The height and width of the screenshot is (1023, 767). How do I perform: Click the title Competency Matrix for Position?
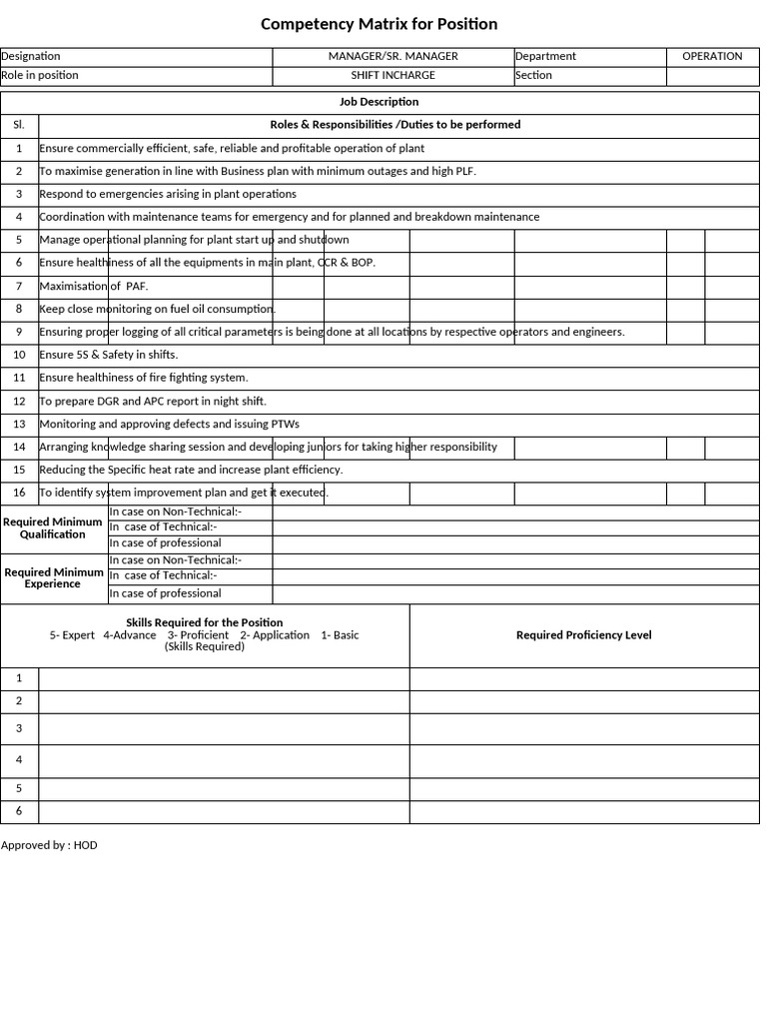click(x=379, y=24)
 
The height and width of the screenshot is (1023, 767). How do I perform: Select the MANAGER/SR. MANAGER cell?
click(x=392, y=57)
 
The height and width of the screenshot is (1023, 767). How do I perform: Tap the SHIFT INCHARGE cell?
click(x=392, y=76)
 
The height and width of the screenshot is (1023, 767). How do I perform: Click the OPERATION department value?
click(x=712, y=57)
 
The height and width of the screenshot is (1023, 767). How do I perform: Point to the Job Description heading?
click(x=379, y=102)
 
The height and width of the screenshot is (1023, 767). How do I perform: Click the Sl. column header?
click(x=19, y=125)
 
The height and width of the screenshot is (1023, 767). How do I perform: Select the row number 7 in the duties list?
click(x=19, y=287)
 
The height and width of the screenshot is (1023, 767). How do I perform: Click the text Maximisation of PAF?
click(x=94, y=287)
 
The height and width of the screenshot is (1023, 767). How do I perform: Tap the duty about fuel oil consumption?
click(x=157, y=310)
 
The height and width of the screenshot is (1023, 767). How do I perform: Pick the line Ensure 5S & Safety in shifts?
click(x=108, y=355)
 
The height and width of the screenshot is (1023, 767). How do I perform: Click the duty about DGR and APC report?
click(x=153, y=402)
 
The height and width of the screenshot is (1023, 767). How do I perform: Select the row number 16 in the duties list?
click(x=19, y=493)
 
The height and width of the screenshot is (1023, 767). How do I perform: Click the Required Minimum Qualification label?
click(x=53, y=528)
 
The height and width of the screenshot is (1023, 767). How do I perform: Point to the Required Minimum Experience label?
click(x=53, y=578)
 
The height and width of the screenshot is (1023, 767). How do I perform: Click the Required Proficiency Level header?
click(x=583, y=635)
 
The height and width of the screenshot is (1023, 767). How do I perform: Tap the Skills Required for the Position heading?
click(x=204, y=622)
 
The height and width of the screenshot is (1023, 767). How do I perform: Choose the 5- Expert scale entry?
click(x=72, y=635)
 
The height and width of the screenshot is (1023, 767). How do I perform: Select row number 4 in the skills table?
click(x=19, y=760)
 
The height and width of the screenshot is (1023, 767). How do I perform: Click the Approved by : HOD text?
click(x=49, y=845)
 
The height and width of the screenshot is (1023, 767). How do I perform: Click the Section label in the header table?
click(x=534, y=76)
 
